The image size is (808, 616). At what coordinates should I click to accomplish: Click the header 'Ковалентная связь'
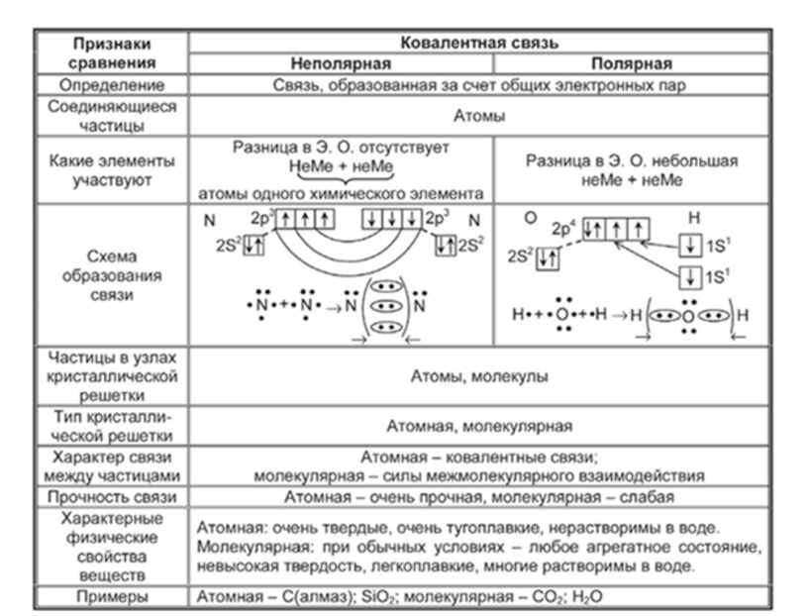(479, 43)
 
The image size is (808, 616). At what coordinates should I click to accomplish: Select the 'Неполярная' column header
(341, 64)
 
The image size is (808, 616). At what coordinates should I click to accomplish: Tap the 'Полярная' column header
(632, 64)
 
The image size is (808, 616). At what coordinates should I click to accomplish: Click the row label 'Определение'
(112, 85)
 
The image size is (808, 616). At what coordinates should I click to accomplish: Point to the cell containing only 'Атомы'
(479, 116)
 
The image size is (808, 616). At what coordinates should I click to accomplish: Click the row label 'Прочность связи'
(112, 497)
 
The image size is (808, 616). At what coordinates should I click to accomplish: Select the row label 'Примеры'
(112, 597)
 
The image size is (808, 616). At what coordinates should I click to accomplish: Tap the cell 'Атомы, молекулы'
(479, 376)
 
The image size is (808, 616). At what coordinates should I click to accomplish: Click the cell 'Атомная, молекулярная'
(479, 426)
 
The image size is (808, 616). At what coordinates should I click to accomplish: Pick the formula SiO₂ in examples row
(378, 597)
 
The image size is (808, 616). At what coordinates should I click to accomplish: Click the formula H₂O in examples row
(587, 597)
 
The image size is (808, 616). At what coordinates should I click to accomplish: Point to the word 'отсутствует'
(403, 148)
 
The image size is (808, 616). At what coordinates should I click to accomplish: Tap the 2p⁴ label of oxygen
(563, 228)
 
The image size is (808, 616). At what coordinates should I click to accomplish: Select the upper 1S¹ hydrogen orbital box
(690, 246)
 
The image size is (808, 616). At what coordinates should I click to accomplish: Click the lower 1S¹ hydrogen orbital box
(690, 277)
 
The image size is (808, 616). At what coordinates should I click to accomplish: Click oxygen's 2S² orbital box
(548, 257)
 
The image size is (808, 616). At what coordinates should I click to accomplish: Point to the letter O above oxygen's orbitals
(531, 219)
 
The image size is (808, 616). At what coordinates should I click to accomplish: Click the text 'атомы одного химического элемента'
(341, 194)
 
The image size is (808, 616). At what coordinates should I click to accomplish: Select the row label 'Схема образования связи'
(112, 275)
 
